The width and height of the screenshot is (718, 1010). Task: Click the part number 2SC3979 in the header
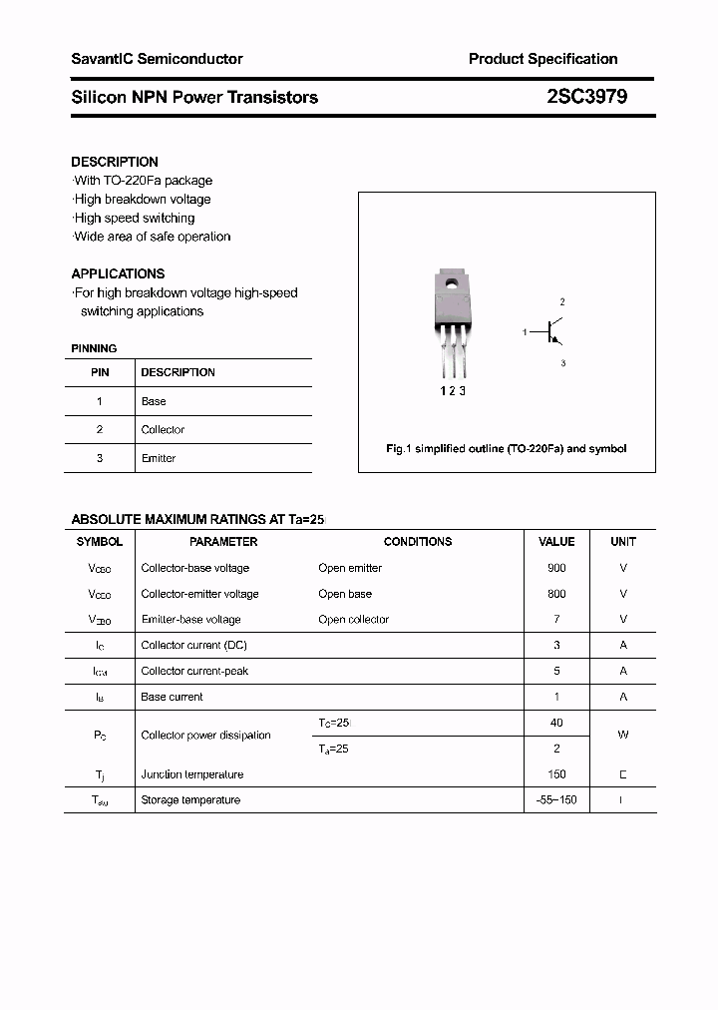click(586, 97)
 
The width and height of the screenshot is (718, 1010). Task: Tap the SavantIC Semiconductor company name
click(157, 59)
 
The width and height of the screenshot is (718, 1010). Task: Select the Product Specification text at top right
click(542, 59)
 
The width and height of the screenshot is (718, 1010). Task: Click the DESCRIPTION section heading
click(115, 162)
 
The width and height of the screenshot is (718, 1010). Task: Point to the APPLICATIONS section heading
click(118, 273)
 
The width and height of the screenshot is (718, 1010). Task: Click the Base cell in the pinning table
click(154, 401)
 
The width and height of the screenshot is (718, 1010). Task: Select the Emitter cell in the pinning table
click(158, 458)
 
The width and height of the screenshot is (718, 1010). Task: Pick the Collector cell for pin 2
click(163, 430)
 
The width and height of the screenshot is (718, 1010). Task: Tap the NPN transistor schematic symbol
click(550, 332)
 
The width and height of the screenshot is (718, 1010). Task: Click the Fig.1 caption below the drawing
click(506, 449)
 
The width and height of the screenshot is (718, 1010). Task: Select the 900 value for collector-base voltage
click(556, 568)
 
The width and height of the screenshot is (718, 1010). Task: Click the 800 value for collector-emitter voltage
click(556, 594)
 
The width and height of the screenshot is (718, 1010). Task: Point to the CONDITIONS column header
click(418, 542)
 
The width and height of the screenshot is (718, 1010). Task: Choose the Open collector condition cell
click(353, 620)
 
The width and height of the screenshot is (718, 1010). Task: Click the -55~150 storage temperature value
click(556, 800)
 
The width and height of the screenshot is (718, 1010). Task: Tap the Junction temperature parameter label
click(191, 774)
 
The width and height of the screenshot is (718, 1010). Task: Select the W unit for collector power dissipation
click(623, 736)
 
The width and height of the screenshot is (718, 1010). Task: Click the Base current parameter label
click(172, 697)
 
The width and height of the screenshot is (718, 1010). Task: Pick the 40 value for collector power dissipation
click(556, 723)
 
